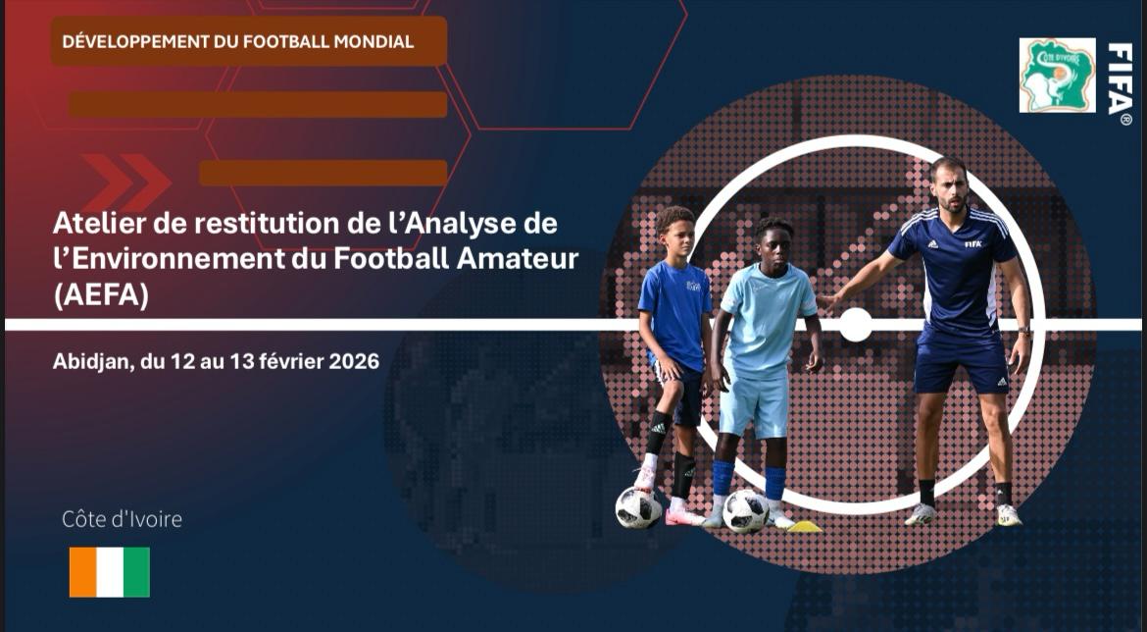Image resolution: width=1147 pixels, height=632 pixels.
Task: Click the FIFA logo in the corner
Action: (x=1119, y=83)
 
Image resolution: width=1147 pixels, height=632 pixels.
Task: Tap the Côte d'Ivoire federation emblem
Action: (x=1057, y=76)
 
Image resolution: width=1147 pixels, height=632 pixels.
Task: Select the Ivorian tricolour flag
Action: (x=110, y=572)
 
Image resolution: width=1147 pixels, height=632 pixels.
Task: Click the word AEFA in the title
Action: (x=101, y=295)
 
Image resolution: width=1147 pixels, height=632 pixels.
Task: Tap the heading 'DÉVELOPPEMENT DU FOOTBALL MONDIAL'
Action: (x=238, y=42)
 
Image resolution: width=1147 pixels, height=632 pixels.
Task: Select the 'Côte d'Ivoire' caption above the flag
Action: (x=122, y=519)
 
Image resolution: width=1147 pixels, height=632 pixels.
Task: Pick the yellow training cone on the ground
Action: (x=805, y=527)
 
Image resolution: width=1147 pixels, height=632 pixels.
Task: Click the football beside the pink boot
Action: (x=638, y=507)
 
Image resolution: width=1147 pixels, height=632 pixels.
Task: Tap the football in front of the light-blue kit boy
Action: (x=746, y=511)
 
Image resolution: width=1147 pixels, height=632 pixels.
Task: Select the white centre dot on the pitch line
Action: (x=856, y=325)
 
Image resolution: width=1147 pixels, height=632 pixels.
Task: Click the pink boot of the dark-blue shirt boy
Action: (x=684, y=516)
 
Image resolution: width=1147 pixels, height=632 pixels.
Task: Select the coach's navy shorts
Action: (x=961, y=364)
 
